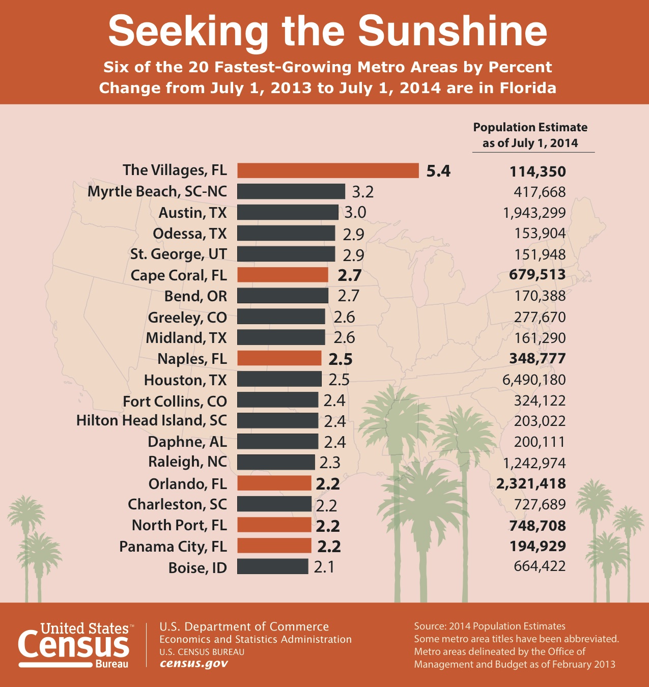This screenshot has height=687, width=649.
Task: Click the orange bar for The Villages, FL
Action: click(328, 170)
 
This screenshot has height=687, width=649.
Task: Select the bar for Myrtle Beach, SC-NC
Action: click(291, 191)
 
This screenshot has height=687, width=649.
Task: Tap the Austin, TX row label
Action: click(192, 212)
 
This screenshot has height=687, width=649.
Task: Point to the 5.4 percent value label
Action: click(438, 171)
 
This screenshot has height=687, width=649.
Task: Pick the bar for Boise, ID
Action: click(273, 566)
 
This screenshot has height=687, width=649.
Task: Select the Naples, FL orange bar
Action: click(279, 358)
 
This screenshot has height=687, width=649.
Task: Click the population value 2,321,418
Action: click(531, 483)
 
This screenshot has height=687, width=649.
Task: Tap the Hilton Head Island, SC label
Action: click(152, 420)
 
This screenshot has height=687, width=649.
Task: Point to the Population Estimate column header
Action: click(530, 135)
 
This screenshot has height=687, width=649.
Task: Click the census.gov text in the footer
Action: click(194, 664)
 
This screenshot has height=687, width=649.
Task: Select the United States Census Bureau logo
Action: click(74, 645)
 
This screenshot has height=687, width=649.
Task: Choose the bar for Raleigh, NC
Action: click(276, 462)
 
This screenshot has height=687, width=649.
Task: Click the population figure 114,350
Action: click(538, 171)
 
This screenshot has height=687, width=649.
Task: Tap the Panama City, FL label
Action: click(173, 546)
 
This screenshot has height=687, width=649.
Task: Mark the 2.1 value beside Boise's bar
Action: click(324, 566)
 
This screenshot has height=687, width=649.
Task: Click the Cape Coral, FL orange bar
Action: click(283, 275)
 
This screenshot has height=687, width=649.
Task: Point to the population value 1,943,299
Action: click(534, 213)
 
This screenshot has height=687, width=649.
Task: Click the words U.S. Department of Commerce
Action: click(244, 626)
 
